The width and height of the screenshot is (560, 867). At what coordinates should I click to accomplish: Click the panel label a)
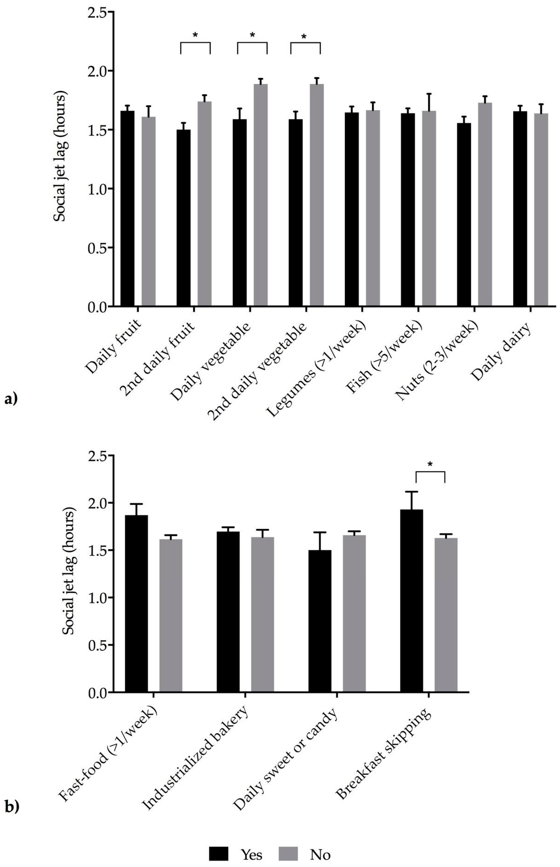pos(11,399)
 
